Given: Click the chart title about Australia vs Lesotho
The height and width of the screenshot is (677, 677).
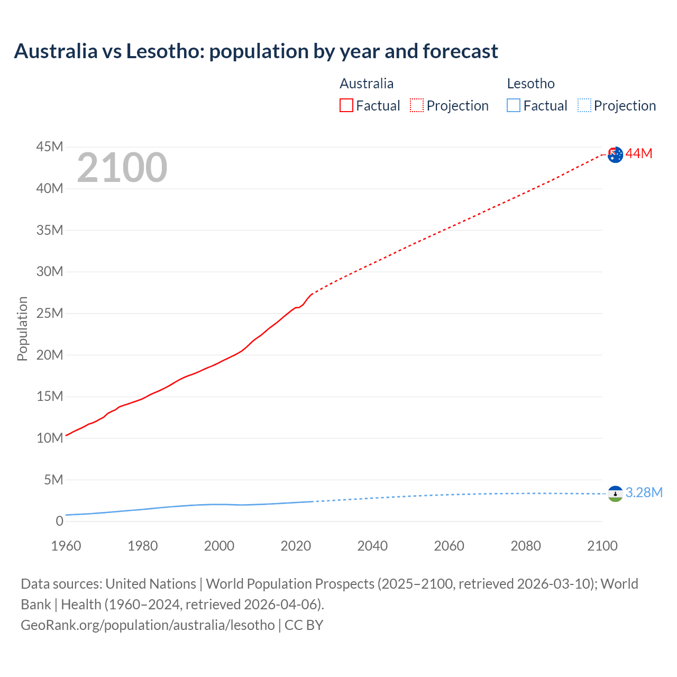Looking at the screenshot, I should coord(256,51).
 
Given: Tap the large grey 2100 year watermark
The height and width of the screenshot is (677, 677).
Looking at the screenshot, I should coord(122,168).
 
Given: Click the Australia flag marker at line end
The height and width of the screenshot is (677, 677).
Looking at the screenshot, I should coord(615,154).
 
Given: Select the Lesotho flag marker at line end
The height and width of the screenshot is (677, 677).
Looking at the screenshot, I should coord(615,493).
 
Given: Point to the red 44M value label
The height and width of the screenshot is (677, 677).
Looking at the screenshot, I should coord(639,154).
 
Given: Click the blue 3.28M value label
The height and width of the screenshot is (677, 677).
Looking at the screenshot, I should coord(644,493).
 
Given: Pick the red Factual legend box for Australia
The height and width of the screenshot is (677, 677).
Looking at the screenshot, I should coord(346,106).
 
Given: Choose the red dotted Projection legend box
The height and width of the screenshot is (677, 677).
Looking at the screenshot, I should coord(417,106).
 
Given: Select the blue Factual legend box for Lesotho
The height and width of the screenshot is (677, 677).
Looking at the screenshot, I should coord(514,106).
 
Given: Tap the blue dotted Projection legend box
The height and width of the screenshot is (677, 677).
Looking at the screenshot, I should coord(584,106).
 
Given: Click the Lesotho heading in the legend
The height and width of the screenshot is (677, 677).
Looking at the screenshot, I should coord(530,84).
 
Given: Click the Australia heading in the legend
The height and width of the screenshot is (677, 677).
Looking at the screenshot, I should coord(367,84).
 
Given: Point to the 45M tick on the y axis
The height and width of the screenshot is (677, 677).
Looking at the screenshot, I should coord(50,147).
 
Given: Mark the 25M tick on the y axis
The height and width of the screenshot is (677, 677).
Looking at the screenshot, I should coord(50,313).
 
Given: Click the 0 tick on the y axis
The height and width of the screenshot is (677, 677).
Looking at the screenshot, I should coord(59,521).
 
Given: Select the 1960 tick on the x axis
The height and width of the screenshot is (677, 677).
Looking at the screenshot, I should coord(66,546).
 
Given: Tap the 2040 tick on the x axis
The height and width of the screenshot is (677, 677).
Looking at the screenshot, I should coord(372,546).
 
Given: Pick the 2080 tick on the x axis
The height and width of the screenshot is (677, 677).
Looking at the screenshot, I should coord(526,546).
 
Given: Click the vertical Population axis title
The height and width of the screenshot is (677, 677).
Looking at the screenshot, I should coord(22,328).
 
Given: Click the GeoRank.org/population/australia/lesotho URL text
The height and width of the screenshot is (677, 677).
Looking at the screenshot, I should coord(148,625).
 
